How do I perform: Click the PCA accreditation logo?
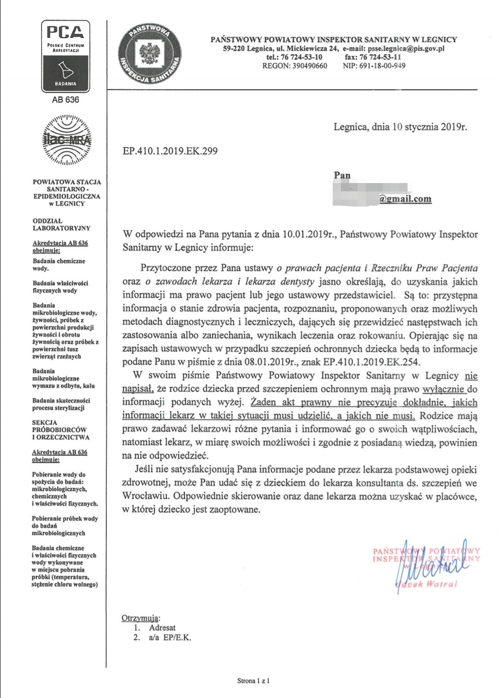(x=66, y=56)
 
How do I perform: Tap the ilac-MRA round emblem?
(x=67, y=141)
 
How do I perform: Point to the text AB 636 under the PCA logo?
(x=66, y=99)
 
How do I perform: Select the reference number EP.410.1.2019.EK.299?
(x=170, y=151)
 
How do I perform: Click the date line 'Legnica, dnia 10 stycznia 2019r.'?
(x=400, y=127)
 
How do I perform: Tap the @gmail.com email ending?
(x=405, y=199)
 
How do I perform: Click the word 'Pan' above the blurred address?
(x=342, y=175)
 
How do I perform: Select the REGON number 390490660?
(x=310, y=66)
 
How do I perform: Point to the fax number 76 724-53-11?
(x=380, y=57)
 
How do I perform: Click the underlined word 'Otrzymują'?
(x=140, y=618)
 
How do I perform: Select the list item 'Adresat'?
(x=162, y=628)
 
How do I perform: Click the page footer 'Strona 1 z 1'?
(x=253, y=680)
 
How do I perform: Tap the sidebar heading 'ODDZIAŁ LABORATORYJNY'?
(x=61, y=225)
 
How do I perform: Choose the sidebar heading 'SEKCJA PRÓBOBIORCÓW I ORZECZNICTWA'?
(x=60, y=430)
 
